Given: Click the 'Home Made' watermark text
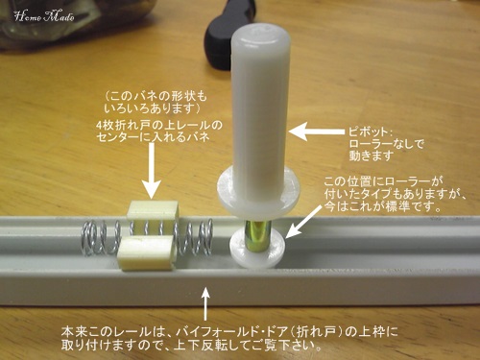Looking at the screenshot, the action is [44, 16].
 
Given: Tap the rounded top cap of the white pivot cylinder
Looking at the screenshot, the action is [261, 36].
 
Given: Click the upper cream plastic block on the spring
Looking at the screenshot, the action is [153, 209].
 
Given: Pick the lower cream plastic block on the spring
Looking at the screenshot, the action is [146, 254].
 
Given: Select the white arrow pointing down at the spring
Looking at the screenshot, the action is [150, 170].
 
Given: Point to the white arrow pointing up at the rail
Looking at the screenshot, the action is [206, 303].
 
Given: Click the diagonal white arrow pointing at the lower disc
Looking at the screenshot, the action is [303, 221].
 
